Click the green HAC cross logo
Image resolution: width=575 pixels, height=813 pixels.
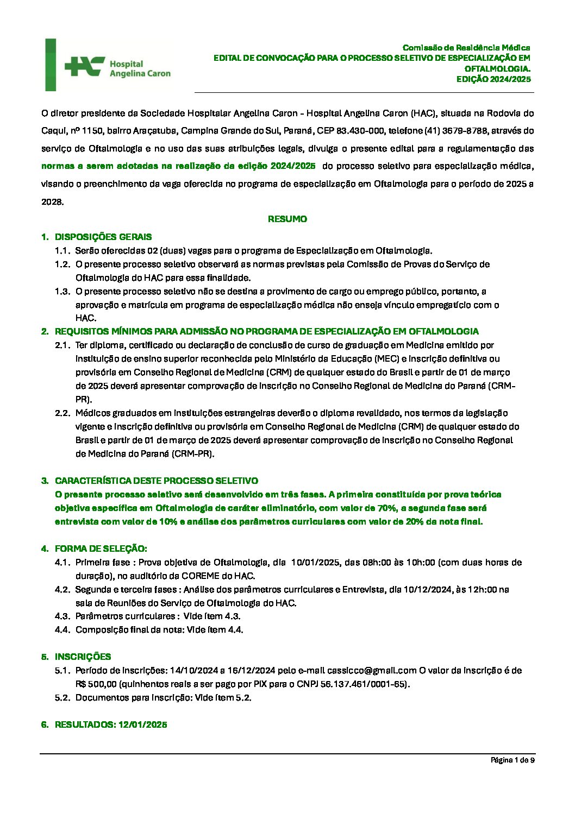point(84,66)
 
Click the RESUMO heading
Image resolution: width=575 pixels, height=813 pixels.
point(287,219)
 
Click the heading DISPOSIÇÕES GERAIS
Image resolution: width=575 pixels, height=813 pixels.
point(103,237)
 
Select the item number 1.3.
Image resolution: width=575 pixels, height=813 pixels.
point(62,292)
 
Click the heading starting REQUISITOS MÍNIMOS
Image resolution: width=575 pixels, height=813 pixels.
point(266,331)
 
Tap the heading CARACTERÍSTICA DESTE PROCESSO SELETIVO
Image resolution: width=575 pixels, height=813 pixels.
point(157,481)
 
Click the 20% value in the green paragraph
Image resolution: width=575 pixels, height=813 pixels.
point(415,522)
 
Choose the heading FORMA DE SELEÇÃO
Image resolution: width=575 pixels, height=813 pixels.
point(101,549)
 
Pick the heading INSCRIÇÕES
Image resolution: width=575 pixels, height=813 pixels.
point(83,657)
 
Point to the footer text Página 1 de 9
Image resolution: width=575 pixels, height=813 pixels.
point(512,760)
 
